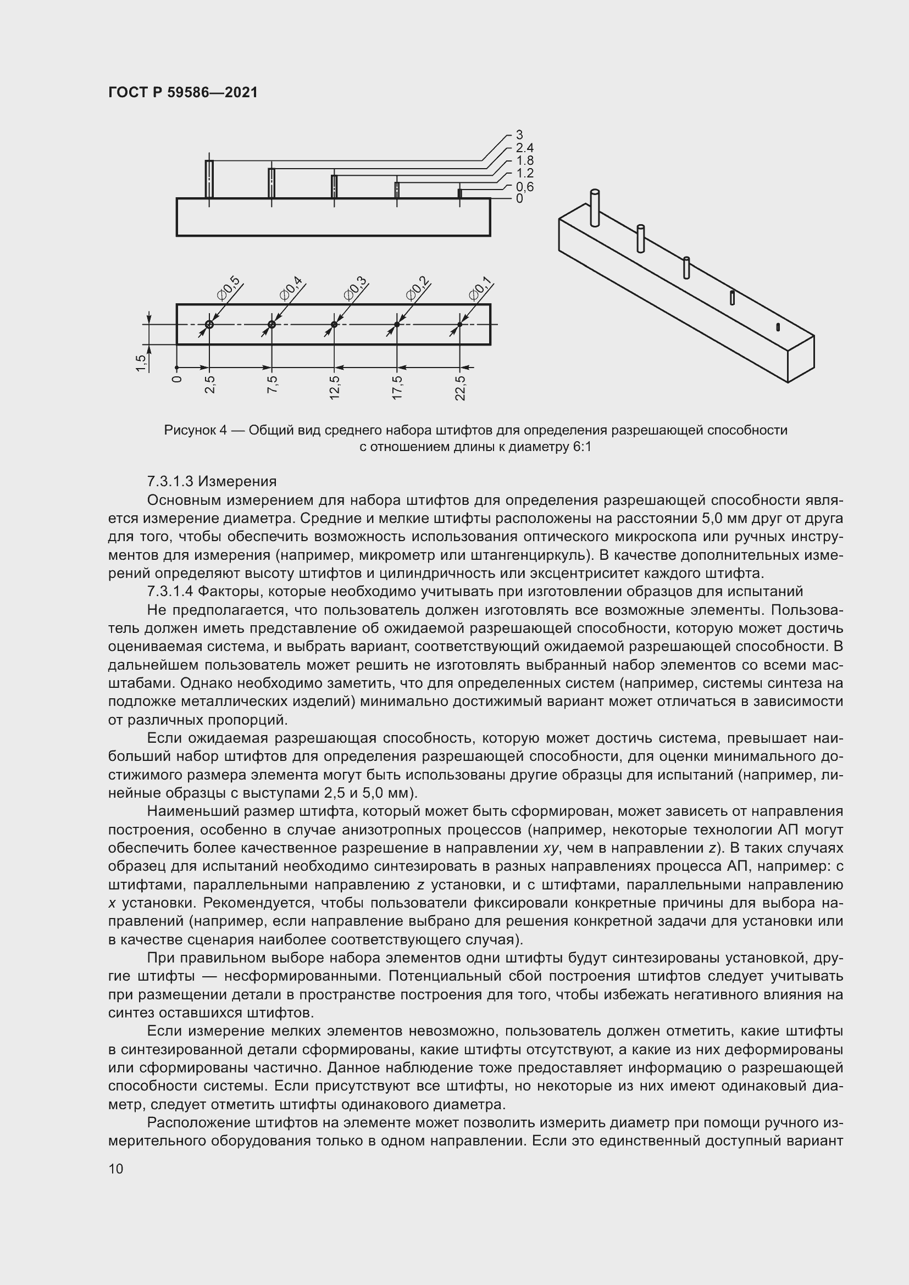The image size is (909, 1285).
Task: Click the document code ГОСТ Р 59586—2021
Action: coord(183,92)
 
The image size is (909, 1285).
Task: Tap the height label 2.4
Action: coord(524,148)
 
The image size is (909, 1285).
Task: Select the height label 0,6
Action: coord(524,186)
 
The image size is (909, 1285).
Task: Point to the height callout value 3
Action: coord(519,135)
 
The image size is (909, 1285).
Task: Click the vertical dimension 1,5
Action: coord(141,363)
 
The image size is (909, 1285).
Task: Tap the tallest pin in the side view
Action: coord(209,179)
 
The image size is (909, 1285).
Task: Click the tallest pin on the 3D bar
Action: coord(595,208)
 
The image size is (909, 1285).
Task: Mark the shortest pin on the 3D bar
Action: coord(778,327)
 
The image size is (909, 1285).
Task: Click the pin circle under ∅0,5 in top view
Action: coord(209,325)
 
